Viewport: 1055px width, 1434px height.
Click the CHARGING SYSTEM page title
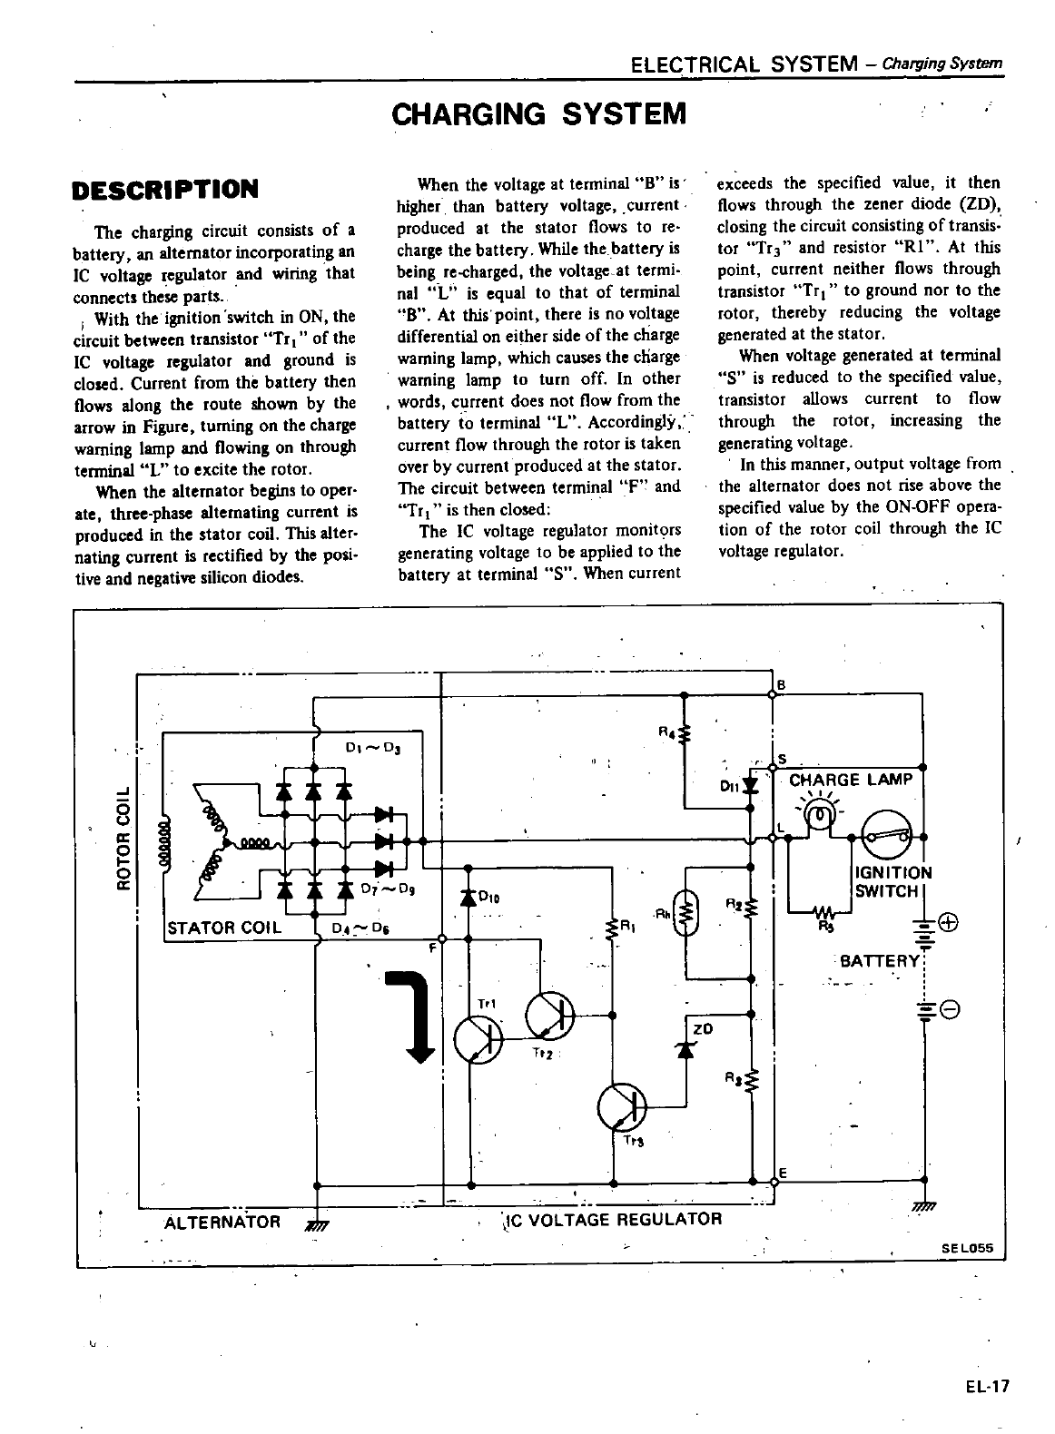(x=537, y=115)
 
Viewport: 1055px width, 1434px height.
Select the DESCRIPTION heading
(x=165, y=190)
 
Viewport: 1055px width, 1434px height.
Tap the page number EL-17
(x=987, y=1386)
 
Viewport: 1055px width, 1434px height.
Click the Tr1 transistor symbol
(x=478, y=1037)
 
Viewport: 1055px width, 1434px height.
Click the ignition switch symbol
(x=887, y=835)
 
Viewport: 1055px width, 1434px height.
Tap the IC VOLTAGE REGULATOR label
(x=613, y=1218)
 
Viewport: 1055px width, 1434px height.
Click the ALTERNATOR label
(x=222, y=1221)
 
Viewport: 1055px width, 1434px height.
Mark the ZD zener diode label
(x=702, y=1028)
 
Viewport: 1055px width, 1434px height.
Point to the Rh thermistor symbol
(x=687, y=914)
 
